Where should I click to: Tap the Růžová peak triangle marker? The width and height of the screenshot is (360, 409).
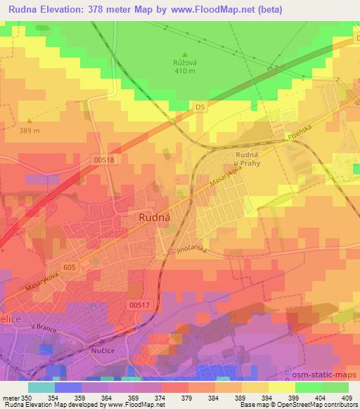[185, 53]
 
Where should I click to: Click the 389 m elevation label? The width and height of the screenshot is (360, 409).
[29, 131]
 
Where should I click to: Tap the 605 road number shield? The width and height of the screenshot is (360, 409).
[69, 267]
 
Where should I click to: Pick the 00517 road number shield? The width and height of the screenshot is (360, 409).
[140, 304]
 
